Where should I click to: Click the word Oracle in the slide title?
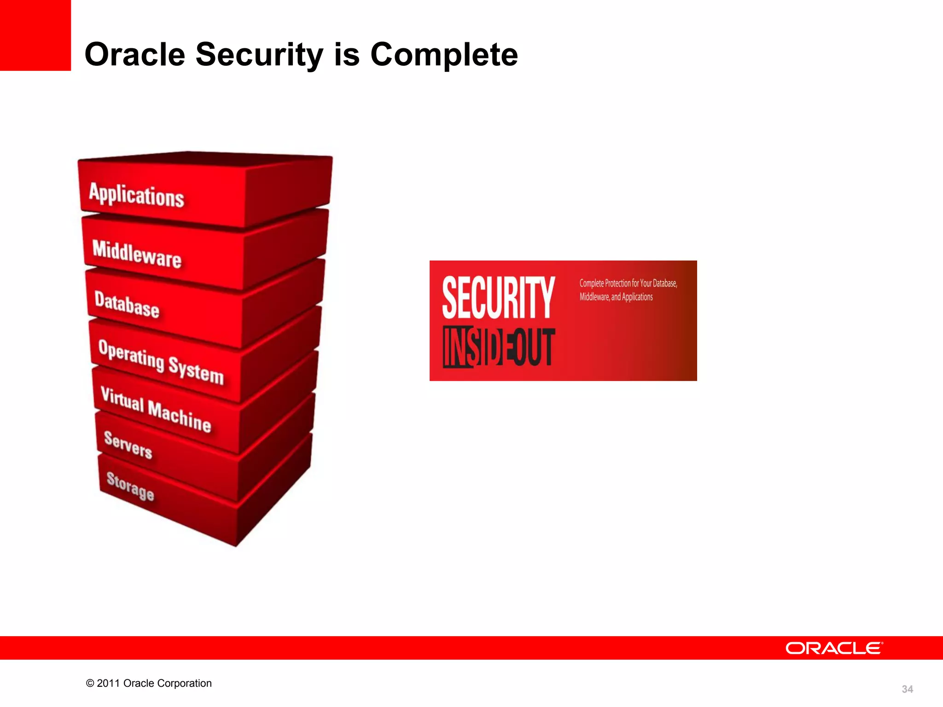click(135, 54)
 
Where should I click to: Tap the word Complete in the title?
click(444, 54)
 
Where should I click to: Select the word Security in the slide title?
click(260, 54)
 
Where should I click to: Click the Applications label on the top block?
click(137, 195)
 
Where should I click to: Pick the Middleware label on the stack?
click(137, 254)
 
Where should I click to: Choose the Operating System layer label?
click(161, 362)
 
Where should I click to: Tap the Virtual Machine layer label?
click(156, 409)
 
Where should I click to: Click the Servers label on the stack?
click(128, 445)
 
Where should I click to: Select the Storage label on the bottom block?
click(130, 486)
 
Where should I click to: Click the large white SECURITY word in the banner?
click(498, 297)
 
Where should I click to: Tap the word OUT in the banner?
click(534, 348)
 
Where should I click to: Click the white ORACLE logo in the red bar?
click(834, 648)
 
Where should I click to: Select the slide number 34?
click(907, 689)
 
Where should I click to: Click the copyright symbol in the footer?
click(90, 684)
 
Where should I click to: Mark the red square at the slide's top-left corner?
click(35, 35)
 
